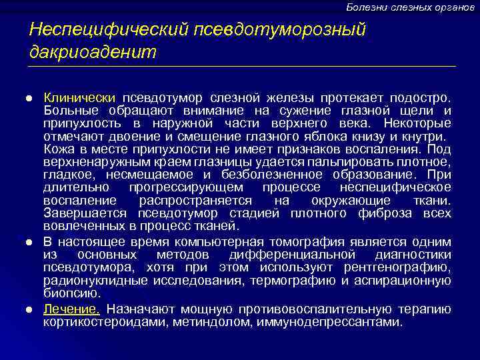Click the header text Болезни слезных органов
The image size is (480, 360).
[x=410, y=7]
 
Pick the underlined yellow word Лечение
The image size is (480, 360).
[x=72, y=309]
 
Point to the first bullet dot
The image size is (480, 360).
[x=31, y=98]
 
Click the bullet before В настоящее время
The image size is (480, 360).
[x=31, y=243]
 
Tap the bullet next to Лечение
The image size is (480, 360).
[x=31, y=309]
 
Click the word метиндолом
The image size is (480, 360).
[x=214, y=322]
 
